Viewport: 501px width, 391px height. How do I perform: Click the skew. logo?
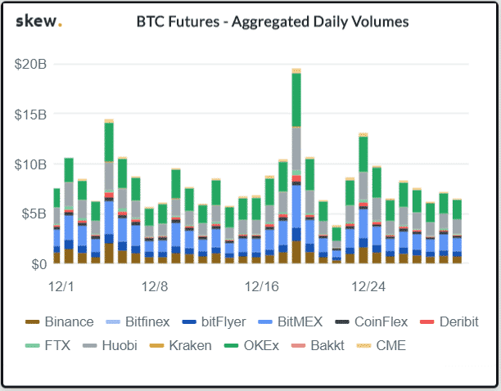[x=38, y=21]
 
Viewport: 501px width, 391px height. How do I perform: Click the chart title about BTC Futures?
[x=272, y=22]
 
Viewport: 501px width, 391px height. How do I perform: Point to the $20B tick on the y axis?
[x=30, y=64]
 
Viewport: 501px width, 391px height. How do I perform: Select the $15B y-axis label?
[x=30, y=114]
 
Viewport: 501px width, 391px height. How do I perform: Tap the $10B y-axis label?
[x=30, y=164]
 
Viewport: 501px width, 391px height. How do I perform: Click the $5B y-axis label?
[x=33, y=213]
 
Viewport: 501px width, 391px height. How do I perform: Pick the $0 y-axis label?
[x=38, y=264]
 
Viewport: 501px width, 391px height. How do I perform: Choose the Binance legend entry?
[x=59, y=322]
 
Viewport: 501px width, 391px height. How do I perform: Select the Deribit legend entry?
[x=449, y=322]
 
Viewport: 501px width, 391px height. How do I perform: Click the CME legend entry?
[x=382, y=345]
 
